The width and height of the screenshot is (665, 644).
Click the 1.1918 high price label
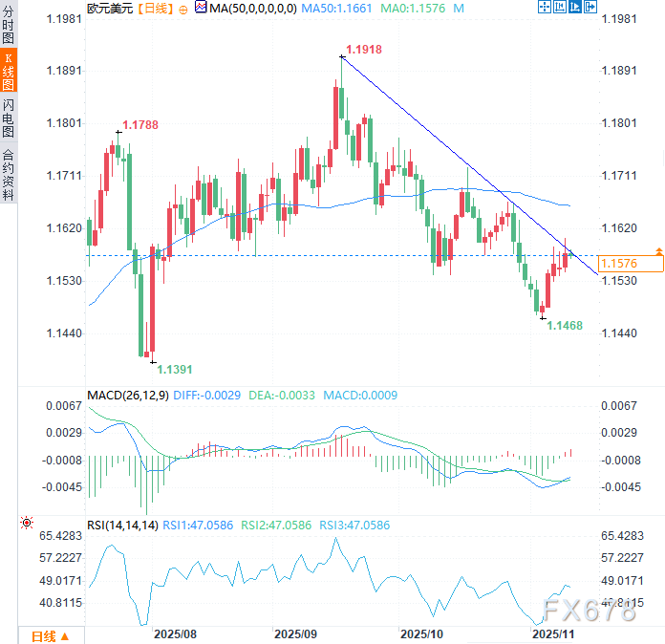pos(364,48)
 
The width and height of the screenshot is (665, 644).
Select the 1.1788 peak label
pos(139,124)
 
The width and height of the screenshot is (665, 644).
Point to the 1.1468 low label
pos(565,326)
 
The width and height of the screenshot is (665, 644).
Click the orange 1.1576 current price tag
pos(618,263)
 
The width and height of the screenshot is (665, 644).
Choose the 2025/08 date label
pos(175,633)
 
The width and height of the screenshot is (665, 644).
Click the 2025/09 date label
pos(295,633)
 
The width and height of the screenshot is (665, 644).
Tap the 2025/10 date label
pos(420,633)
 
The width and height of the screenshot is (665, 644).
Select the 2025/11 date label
pos(551,633)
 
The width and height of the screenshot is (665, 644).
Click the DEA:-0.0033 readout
pos(283,395)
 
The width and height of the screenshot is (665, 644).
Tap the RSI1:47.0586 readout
pos(199,524)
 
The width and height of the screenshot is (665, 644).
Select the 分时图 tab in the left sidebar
pos(9,25)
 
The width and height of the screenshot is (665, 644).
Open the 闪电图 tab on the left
pos(9,118)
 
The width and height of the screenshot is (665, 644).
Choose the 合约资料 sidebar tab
pos(9,174)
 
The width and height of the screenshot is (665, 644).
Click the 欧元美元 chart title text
pos(110,8)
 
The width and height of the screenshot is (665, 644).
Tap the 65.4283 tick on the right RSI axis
pos(627,535)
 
